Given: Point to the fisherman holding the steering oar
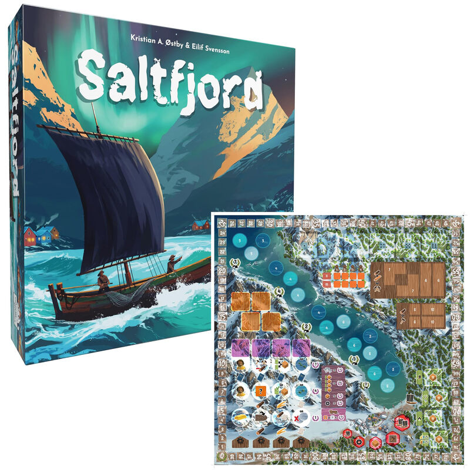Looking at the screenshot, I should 103,281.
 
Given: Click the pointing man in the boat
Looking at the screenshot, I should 173,264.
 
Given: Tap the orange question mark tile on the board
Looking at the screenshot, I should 261,392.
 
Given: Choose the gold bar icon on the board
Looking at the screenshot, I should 240,417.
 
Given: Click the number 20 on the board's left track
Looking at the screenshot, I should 223,271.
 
